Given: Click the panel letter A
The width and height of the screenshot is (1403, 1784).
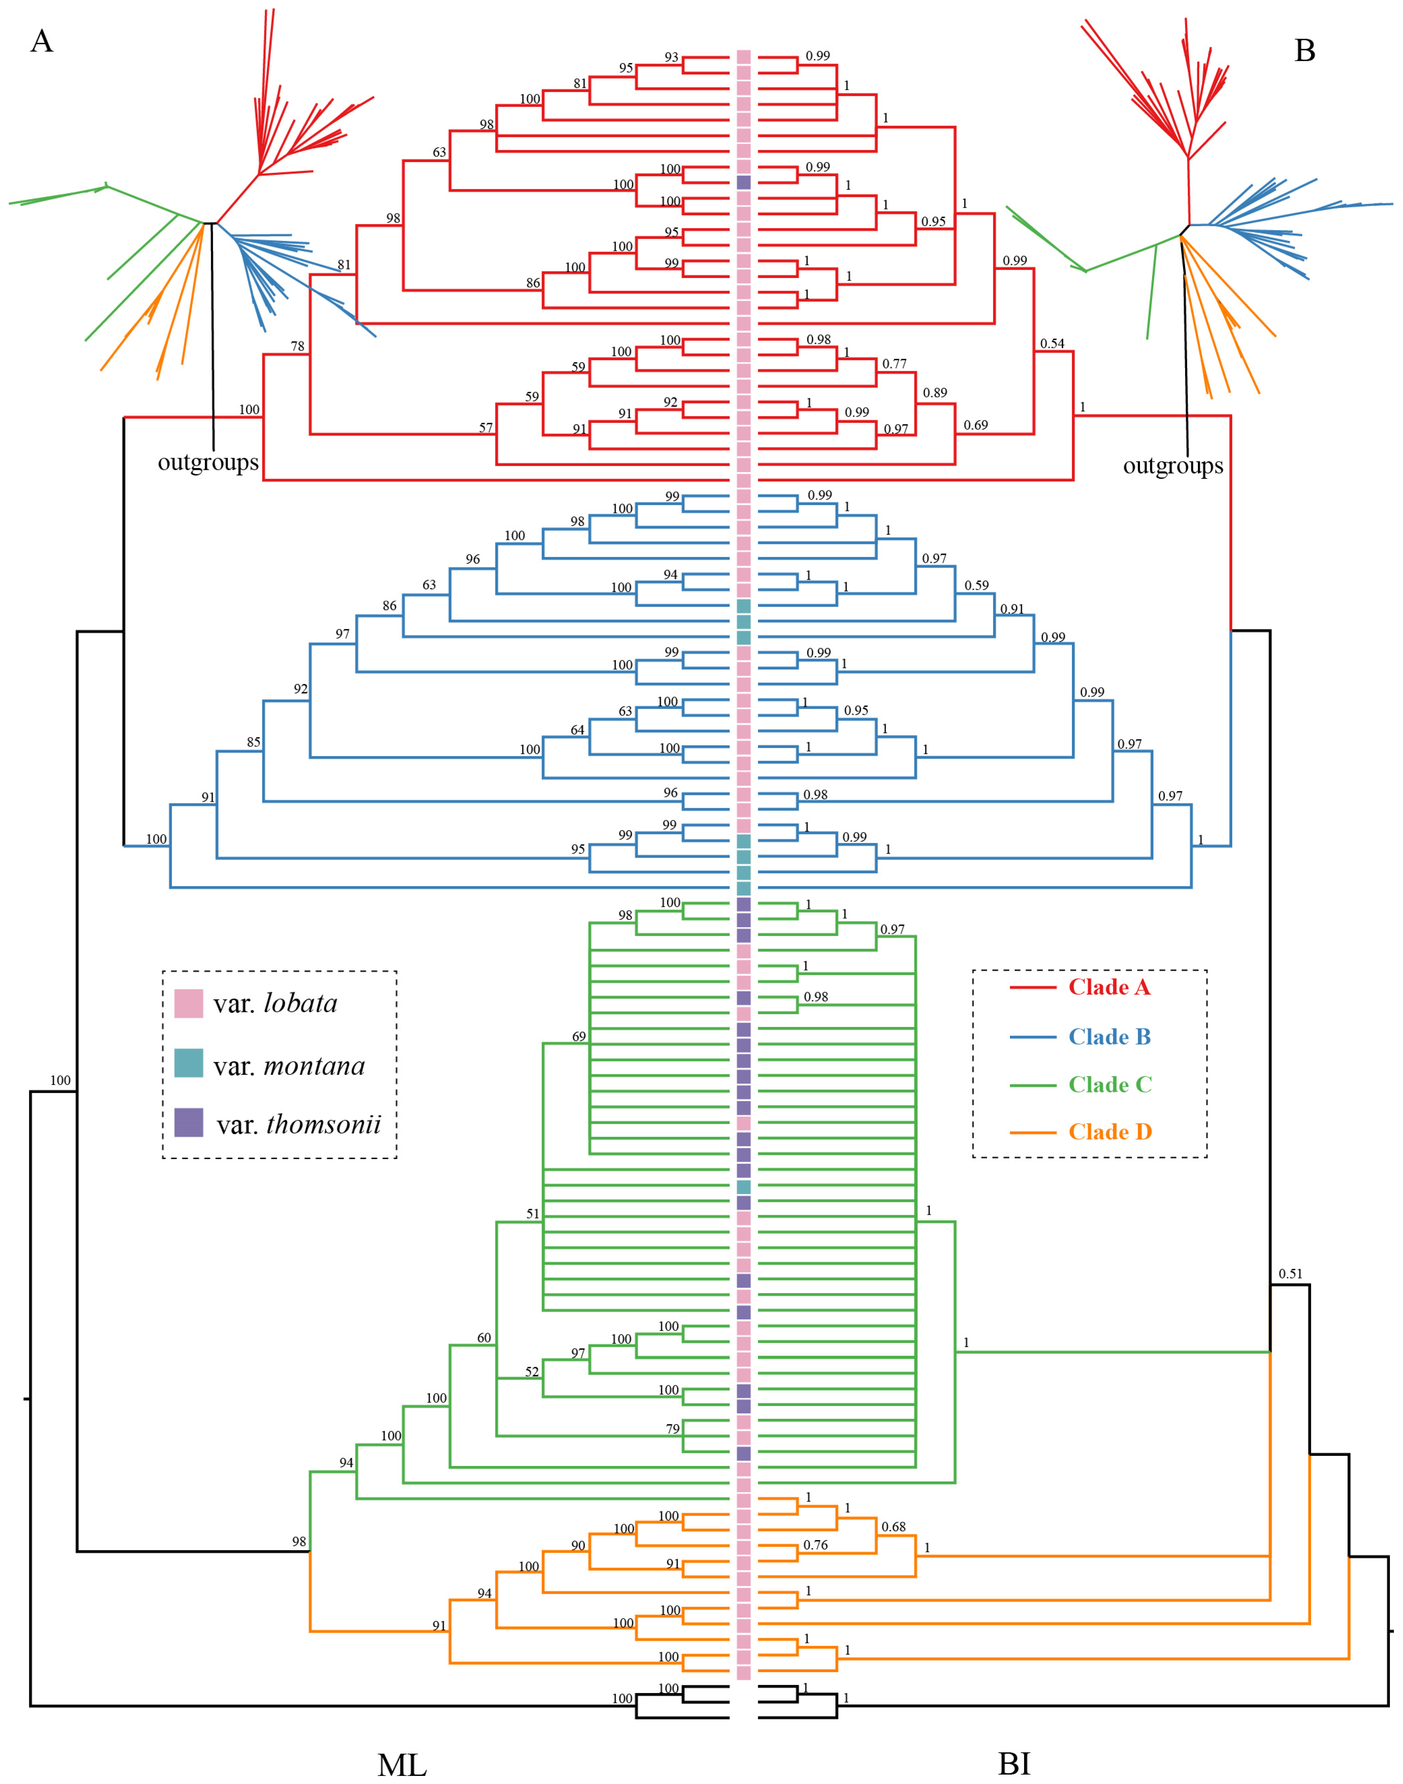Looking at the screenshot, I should (x=42, y=41).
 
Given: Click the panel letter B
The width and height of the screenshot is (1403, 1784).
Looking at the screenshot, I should (x=1304, y=51).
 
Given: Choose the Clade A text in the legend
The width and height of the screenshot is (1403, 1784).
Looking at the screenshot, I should (x=1109, y=987).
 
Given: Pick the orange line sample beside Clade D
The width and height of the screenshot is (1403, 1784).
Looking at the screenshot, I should (x=1033, y=1133).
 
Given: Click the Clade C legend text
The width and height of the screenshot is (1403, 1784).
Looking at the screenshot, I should (x=1110, y=1085).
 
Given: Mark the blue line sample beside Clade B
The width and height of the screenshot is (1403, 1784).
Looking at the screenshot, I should (x=1033, y=1037).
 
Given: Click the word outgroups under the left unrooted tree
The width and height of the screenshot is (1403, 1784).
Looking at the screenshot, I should (x=208, y=463).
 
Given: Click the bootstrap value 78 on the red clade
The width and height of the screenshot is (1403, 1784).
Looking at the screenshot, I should (x=297, y=346).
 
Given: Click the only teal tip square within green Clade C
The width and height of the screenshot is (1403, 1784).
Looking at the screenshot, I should (x=743, y=1187).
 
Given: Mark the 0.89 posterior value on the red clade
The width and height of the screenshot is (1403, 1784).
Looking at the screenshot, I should (x=935, y=393).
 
